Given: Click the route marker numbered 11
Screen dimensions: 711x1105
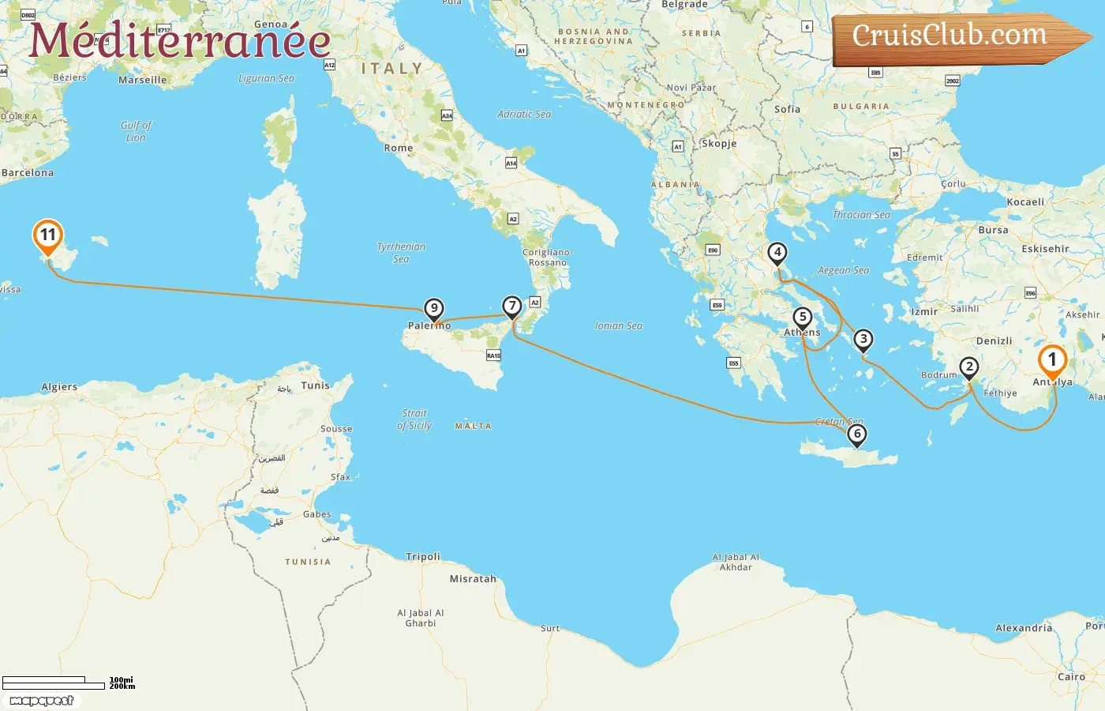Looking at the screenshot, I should (48, 235).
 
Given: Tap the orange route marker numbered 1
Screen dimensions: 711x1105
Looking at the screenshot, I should (1051, 361).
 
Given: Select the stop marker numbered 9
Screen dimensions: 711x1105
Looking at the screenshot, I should (433, 309).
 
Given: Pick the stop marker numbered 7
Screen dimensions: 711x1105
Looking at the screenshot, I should (512, 307).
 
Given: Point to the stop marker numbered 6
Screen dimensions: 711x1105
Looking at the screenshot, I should (857, 434).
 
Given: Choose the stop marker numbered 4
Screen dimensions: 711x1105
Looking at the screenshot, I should (777, 254).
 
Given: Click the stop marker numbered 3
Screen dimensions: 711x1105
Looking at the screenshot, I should (863, 340).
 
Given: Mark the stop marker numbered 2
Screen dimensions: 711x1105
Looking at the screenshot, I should (969, 367).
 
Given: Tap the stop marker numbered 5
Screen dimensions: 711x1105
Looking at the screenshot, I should (803, 318).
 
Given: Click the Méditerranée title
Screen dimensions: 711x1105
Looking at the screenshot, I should (180, 41).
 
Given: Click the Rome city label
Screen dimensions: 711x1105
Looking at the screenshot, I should (399, 148).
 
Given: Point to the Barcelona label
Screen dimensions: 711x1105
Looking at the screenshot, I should (28, 173).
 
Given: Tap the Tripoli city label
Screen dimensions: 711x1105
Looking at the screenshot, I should (423, 557).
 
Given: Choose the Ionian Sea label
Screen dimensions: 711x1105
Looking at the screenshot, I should (619, 325).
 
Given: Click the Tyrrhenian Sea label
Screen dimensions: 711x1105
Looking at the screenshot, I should (401, 253).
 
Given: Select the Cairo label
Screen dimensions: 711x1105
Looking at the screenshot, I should (1071, 677).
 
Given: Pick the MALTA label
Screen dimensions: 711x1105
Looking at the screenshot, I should (474, 427).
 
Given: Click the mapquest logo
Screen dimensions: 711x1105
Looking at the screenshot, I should (41, 701).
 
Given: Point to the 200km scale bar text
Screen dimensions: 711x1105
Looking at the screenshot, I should (122, 687).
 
